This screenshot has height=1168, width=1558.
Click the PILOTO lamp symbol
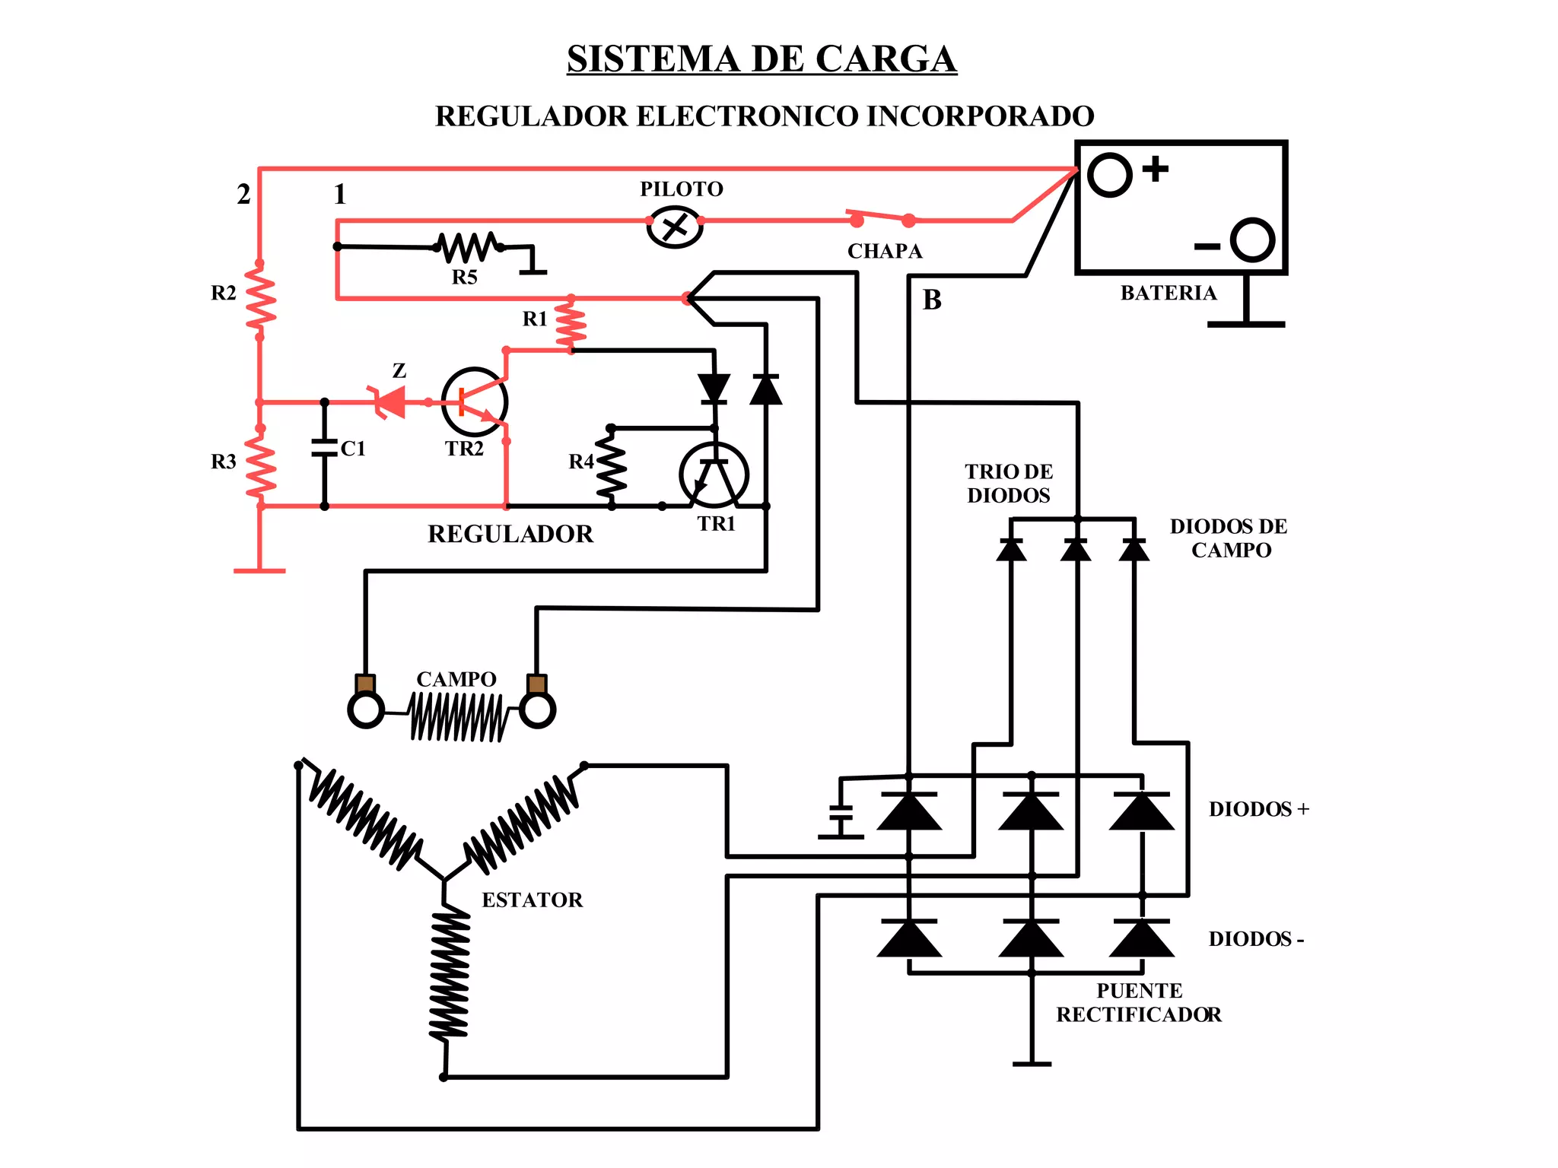(674, 226)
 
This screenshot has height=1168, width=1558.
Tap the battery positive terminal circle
(1109, 175)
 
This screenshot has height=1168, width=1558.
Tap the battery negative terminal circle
(1251, 240)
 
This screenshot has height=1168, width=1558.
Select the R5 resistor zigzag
(468, 246)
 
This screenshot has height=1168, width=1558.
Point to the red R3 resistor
(260, 465)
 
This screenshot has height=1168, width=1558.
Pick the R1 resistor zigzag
(571, 325)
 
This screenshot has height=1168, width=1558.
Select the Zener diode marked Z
(389, 401)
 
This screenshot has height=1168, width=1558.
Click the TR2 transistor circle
(475, 401)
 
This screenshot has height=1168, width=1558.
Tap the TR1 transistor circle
(714, 475)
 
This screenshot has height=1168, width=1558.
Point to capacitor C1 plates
(325, 448)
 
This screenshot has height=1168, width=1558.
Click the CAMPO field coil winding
(456, 716)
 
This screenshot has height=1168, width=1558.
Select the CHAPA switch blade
(882, 217)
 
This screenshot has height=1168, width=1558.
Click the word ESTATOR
(532, 900)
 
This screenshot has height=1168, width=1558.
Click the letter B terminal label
(932, 300)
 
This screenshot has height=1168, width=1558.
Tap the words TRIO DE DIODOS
(1009, 484)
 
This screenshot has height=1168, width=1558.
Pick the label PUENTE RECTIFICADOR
(1139, 1002)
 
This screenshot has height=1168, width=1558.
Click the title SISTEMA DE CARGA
(762, 59)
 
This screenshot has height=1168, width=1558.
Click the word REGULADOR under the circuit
(510, 534)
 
